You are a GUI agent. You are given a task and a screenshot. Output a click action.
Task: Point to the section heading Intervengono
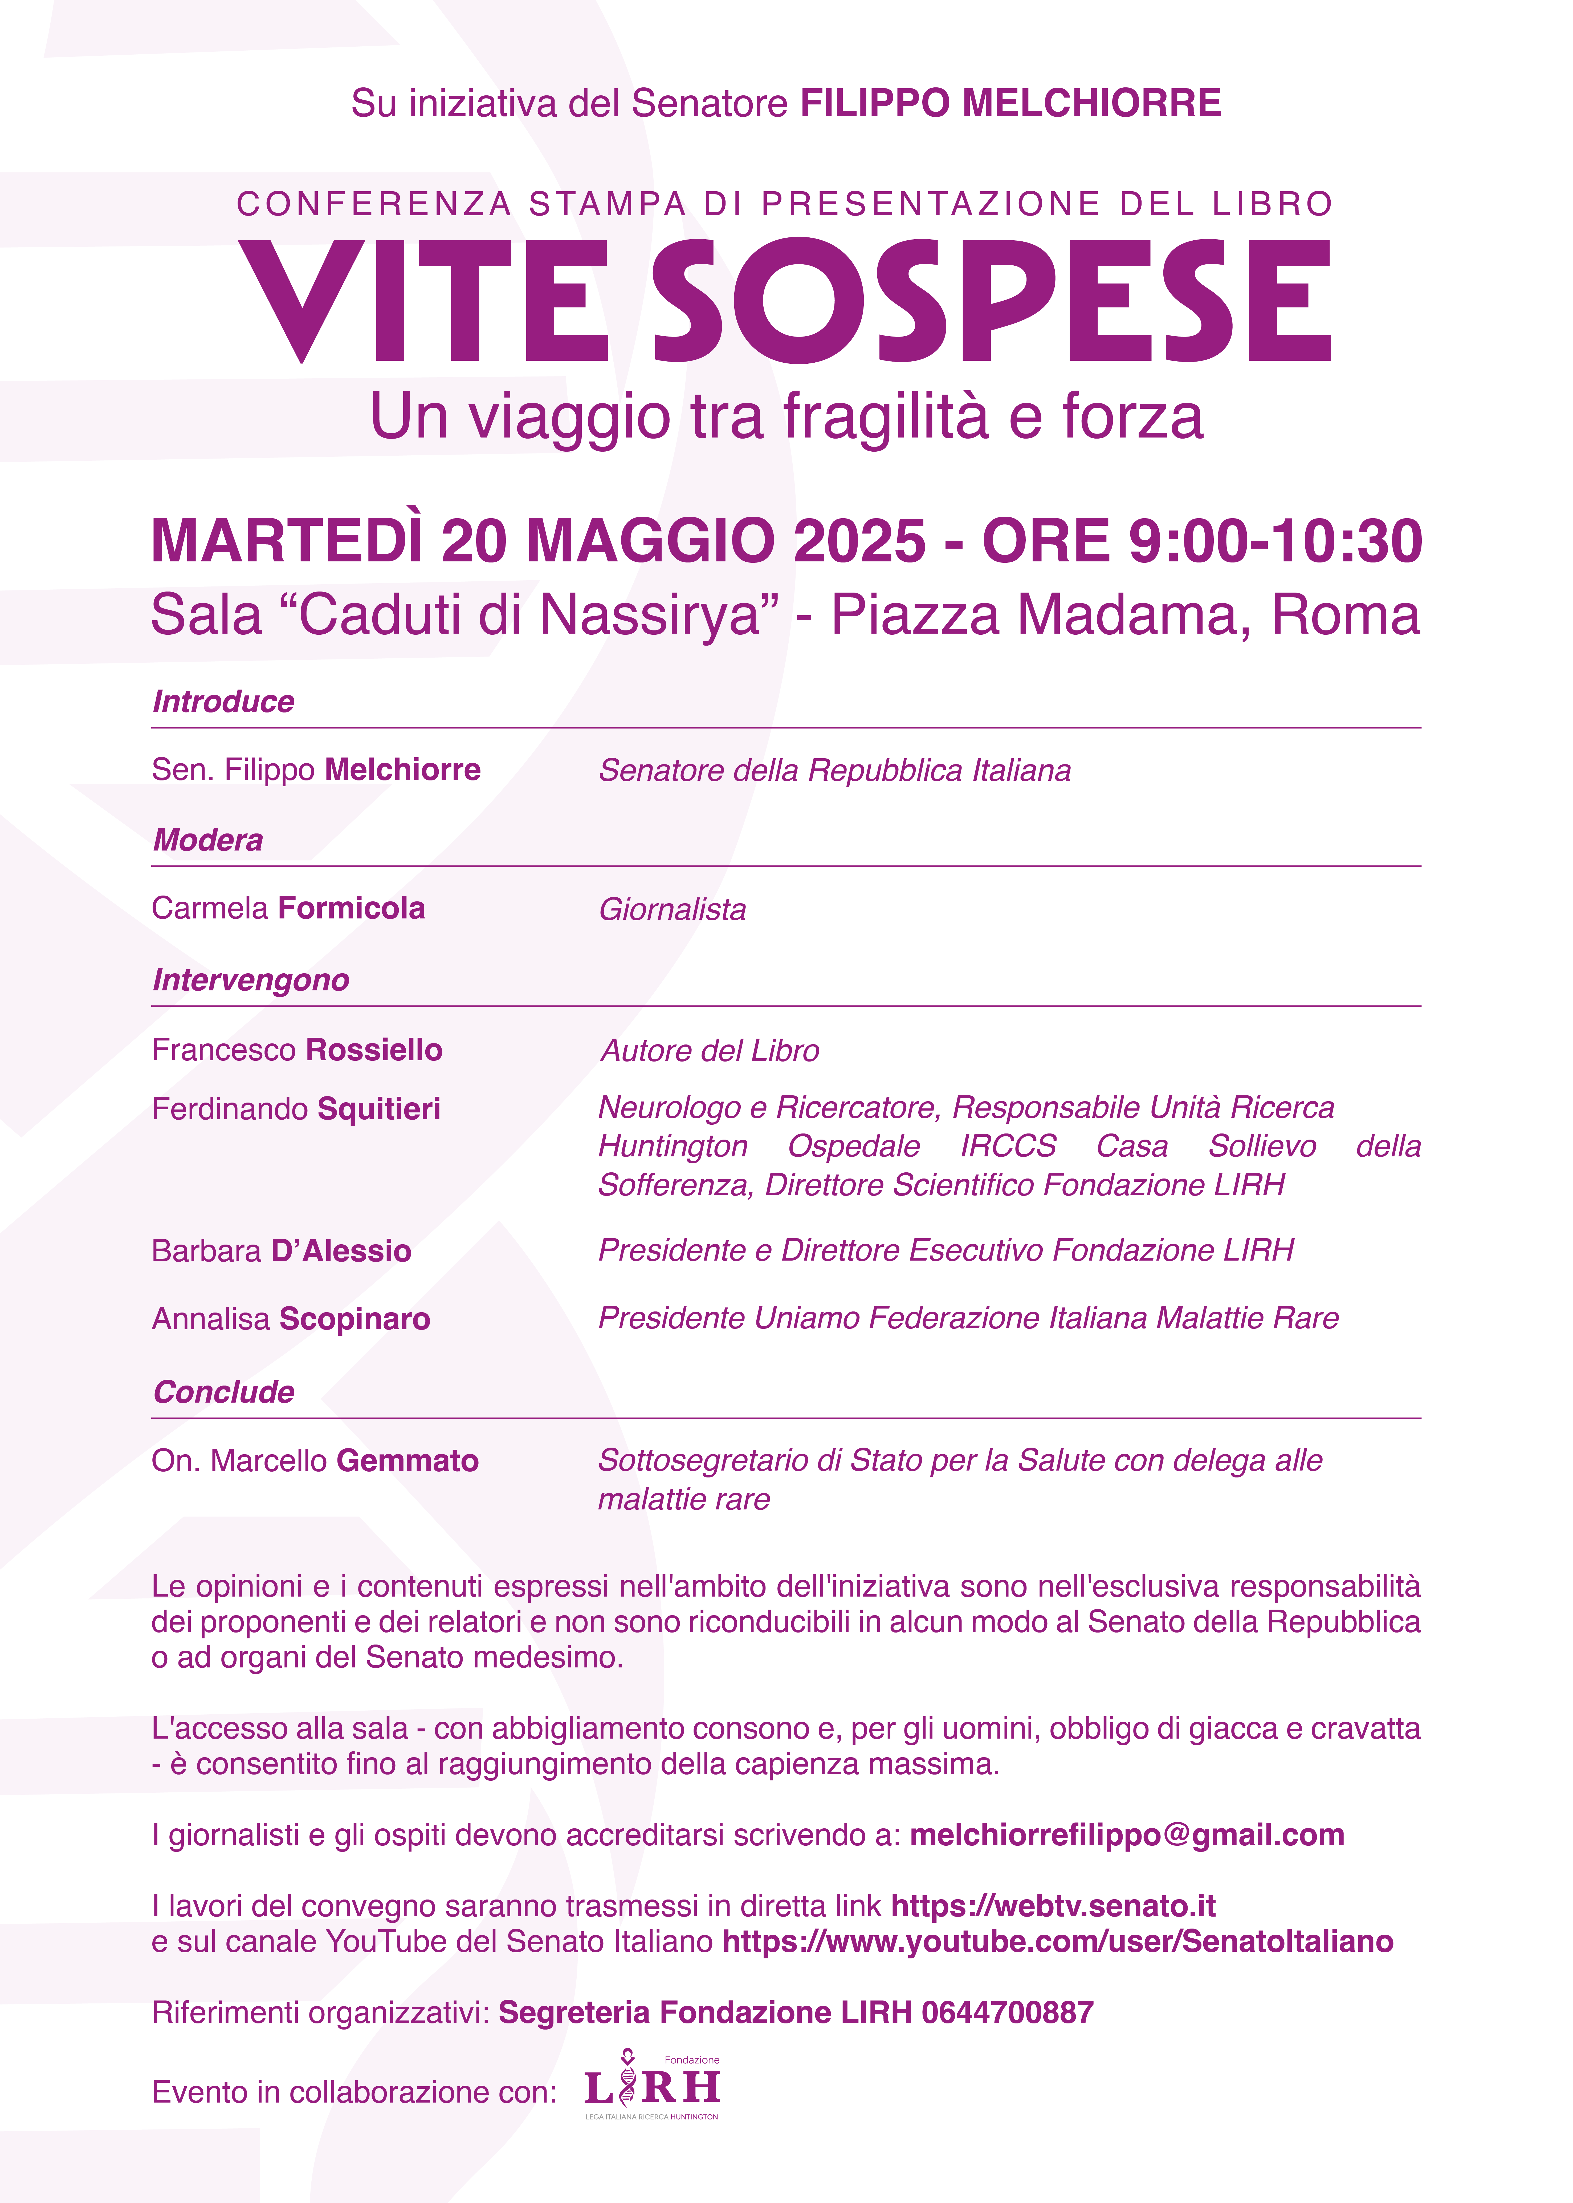click(x=251, y=981)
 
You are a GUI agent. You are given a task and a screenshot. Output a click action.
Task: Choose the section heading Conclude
click(x=224, y=1392)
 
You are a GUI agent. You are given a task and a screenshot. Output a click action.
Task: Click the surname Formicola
click(x=352, y=909)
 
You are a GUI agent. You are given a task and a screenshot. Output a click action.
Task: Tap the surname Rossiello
click(x=374, y=1050)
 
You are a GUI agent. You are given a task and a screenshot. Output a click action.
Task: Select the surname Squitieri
click(x=379, y=1109)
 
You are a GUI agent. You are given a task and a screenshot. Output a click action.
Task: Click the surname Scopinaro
click(x=354, y=1319)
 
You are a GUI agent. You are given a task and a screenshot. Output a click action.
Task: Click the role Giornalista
click(x=672, y=910)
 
